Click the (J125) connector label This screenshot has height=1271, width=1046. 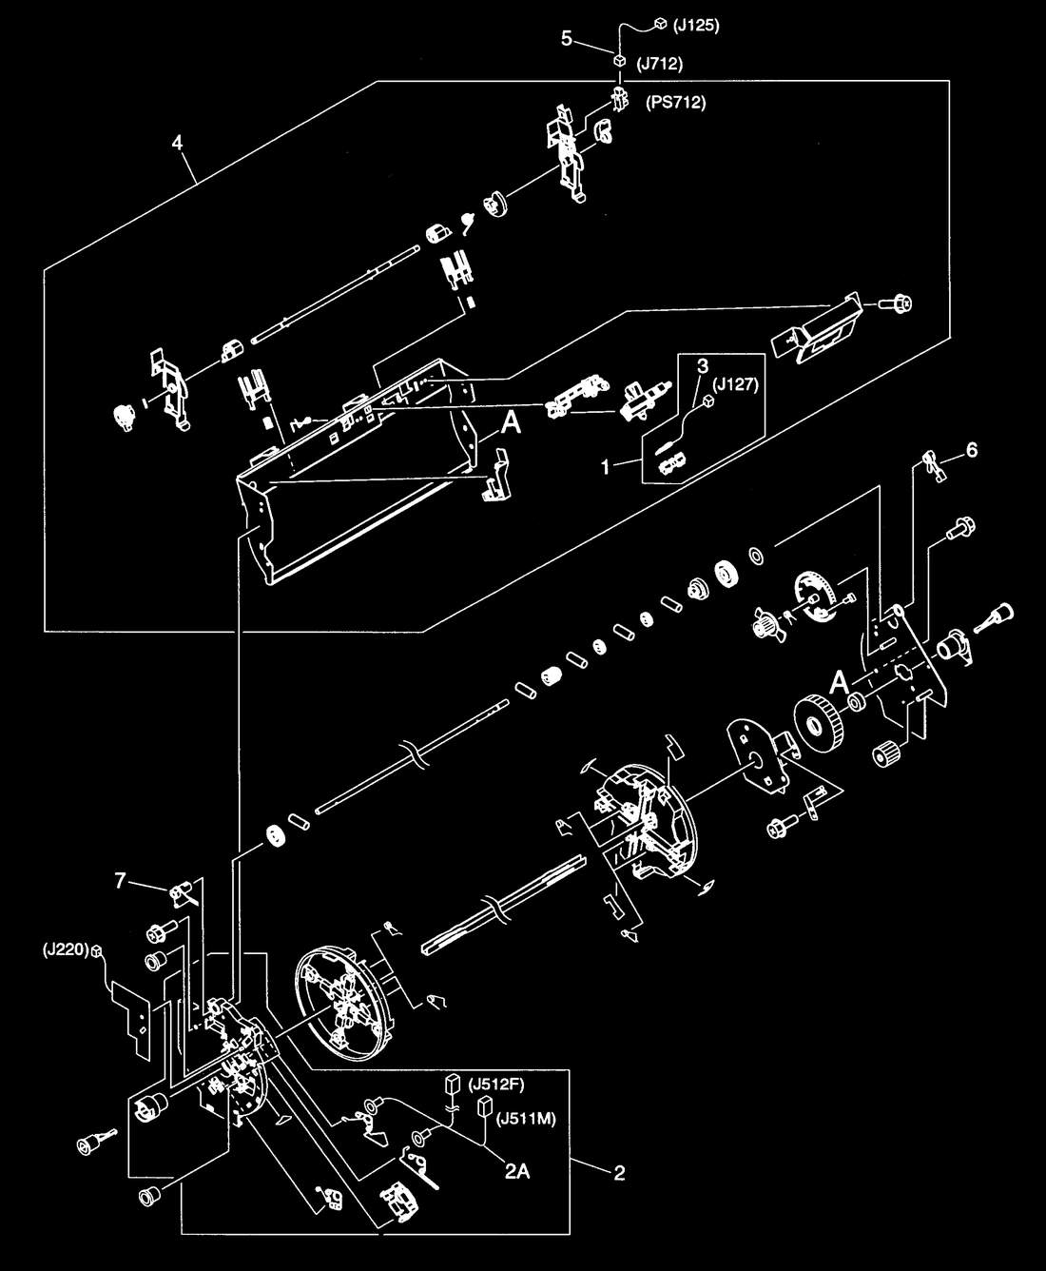point(696,27)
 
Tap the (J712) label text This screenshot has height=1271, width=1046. point(660,64)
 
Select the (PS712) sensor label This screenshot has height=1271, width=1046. point(675,102)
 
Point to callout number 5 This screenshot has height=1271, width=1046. point(567,39)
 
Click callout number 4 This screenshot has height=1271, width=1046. point(177,143)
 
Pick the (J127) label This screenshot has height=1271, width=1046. point(735,384)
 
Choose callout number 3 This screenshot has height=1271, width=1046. point(703,366)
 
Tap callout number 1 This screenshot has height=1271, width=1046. point(606,466)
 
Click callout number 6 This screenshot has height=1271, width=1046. point(972,450)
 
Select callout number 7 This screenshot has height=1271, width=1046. point(120,881)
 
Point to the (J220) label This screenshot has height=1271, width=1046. point(65,950)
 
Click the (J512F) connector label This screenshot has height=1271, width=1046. point(495,1085)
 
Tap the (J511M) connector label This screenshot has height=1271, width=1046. point(526,1119)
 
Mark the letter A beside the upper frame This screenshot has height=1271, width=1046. point(511,422)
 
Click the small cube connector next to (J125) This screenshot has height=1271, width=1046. point(660,24)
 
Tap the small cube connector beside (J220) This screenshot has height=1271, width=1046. point(96,951)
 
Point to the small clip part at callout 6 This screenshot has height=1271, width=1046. point(934,468)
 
